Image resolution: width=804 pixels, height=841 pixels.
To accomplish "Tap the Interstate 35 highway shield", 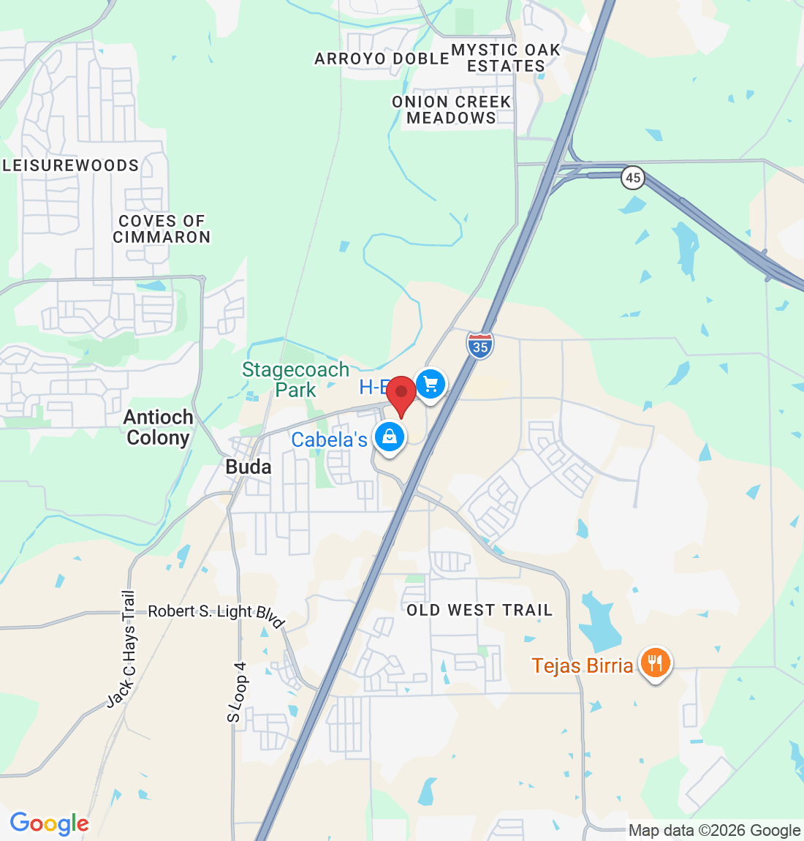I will tap(480, 345).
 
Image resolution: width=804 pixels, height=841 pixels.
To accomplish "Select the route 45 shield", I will tap(633, 178).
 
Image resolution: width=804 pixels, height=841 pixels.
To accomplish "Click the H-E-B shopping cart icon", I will tap(431, 383).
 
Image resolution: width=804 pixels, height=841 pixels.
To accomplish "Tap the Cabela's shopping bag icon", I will tap(390, 437).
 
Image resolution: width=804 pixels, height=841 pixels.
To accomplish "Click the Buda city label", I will tap(249, 467).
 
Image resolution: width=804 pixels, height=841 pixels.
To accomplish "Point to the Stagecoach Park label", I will tap(296, 380).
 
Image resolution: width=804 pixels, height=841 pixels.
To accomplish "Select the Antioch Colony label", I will tap(159, 427).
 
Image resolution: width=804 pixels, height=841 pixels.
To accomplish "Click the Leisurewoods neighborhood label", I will tap(71, 165).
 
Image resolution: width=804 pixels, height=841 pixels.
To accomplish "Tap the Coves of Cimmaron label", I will tap(162, 229).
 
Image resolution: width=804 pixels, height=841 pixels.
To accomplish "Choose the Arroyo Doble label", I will tap(382, 59).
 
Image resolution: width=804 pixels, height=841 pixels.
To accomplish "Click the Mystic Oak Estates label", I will tap(506, 58).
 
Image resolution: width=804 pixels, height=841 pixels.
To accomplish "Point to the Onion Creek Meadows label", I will tap(452, 110).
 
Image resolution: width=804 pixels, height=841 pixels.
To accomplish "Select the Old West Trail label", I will tap(479, 610).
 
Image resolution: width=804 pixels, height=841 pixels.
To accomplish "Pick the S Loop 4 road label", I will tap(237, 692).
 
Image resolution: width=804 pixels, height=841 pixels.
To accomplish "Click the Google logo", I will tap(49, 824).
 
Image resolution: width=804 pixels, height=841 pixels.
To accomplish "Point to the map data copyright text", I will tap(714, 831).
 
